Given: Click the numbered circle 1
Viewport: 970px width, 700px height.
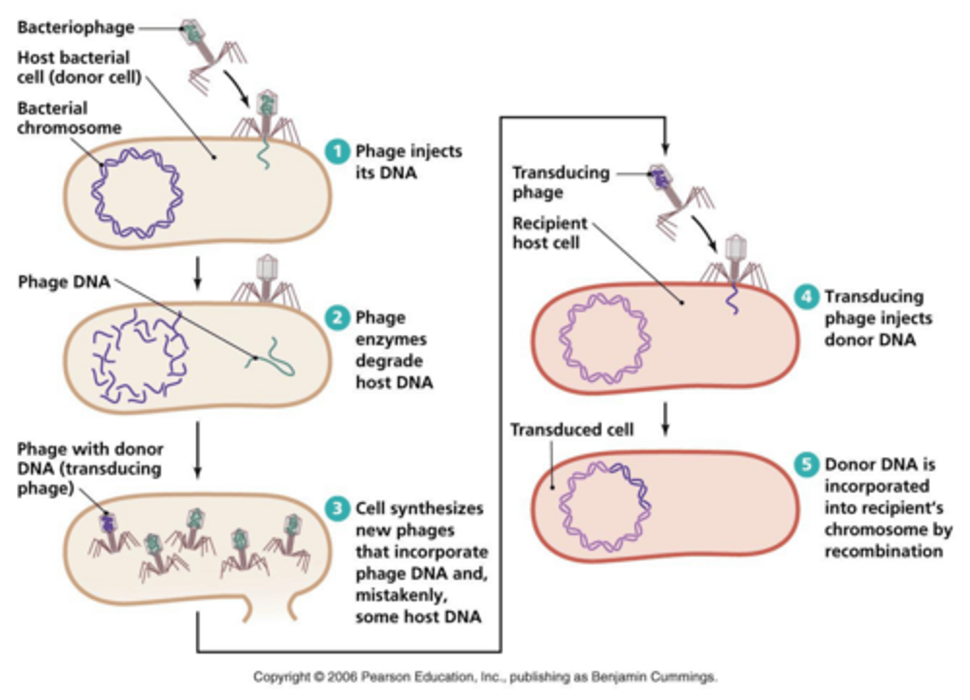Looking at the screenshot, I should tap(337, 151).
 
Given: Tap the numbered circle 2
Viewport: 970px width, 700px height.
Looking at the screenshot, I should tap(337, 317).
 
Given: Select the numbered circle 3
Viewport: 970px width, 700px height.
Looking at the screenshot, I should tap(337, 508).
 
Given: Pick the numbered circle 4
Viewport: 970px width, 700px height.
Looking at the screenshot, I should tap(806, 296).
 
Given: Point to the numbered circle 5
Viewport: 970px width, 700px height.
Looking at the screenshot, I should tap(806, 464).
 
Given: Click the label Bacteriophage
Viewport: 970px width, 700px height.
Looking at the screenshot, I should tap(75, 28).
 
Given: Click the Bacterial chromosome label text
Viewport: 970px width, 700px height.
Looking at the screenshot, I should tap(69, 118).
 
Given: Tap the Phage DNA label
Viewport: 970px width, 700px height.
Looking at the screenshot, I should tap(63, 282).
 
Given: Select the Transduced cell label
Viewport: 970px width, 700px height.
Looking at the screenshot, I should tap(571, 430).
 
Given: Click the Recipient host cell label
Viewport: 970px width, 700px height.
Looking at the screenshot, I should tap(549, 232).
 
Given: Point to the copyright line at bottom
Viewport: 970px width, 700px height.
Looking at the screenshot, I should tap(485, 676).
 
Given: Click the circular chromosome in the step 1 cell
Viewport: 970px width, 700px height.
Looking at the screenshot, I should tap(137, 193).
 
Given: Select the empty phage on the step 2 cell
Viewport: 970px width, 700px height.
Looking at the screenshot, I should tap(267, 280).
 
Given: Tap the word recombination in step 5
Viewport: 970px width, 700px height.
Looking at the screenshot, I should tap(883, 551).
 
